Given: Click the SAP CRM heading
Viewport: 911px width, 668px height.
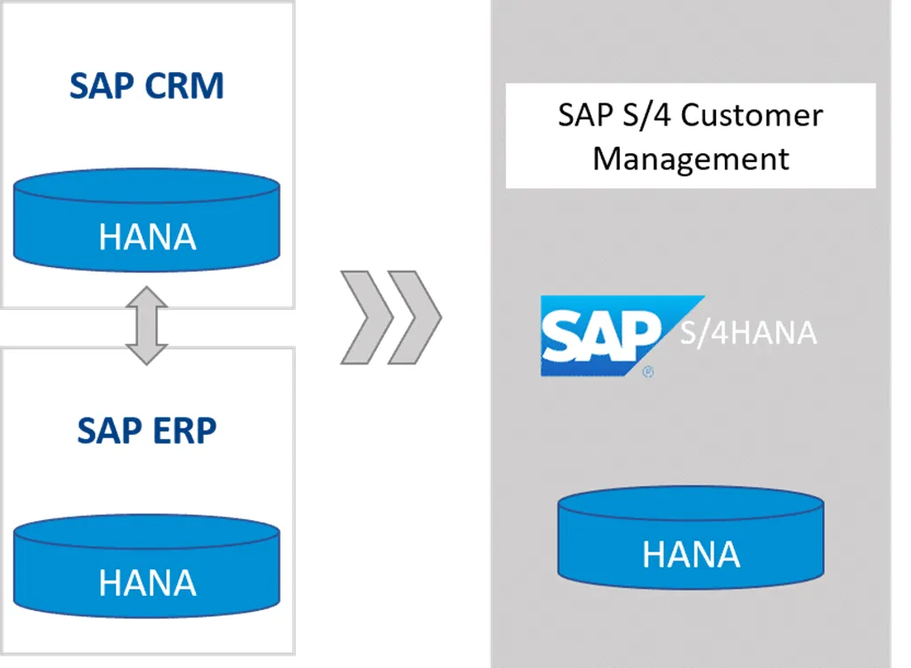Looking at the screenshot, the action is [x=146, y=86].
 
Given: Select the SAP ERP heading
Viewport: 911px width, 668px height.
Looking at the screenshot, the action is [x=146, y=430].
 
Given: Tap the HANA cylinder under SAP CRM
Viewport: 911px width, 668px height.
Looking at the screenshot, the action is [x=146, y=220].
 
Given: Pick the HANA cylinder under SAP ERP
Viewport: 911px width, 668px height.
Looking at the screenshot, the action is [x=146, y=566].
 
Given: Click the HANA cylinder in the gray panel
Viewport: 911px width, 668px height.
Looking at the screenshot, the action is [x=691, y=538].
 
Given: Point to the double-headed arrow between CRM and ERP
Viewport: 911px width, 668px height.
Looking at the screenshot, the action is [x=146, y=325].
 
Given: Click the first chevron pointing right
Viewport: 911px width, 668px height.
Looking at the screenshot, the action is [x=366, y=317].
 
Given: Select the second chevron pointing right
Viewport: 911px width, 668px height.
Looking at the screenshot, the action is [x=414, y=317].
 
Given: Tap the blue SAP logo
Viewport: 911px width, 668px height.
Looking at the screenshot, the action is [x=622, y=336].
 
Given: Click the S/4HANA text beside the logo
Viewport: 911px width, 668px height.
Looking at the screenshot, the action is [x=748, y=333].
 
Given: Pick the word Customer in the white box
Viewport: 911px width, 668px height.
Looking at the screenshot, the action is [x=752, y=115].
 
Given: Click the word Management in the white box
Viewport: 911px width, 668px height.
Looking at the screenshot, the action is [x=691, y=159].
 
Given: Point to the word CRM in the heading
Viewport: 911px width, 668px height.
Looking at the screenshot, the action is [x=184, y=86].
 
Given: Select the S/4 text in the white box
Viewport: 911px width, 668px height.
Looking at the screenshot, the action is [x=647, y=115].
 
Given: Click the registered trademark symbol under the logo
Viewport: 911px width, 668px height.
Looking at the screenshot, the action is [x=648, y=371].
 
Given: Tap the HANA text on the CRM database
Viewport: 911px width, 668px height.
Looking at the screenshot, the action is [x=148, y=237].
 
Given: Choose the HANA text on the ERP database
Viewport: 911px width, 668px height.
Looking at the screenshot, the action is [x=148, y=582].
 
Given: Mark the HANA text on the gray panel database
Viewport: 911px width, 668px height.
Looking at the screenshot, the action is [x=691, y=554].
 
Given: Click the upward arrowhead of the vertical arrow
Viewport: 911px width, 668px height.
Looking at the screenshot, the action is [x=146, y=297].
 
